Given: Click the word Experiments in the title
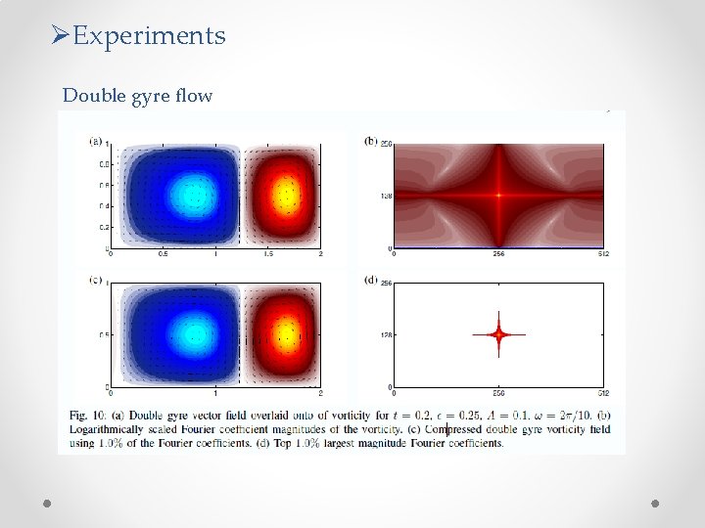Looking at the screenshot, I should [149, 36].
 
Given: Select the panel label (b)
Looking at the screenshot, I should [371, 141].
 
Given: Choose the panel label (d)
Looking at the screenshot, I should [371, 281].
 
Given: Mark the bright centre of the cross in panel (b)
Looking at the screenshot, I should [498, 196].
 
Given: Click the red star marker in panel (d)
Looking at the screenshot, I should [498, 334].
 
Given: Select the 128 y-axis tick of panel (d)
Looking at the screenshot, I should [386, 334].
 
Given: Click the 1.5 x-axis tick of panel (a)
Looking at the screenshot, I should [267, 255].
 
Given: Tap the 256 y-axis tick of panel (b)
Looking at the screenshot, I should [386, 145].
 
